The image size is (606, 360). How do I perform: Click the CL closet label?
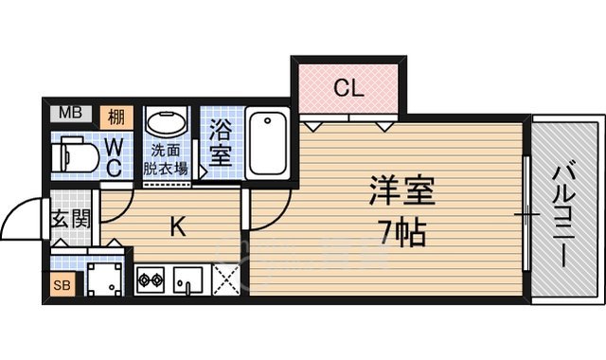(x=348, y=90)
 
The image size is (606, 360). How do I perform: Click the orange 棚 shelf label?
(x=116, y=117)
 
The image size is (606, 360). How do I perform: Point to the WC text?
(x=113, y=157)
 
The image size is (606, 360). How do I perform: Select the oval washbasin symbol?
(x=169, y=124)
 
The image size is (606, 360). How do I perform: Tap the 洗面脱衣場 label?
(x=166, y=158)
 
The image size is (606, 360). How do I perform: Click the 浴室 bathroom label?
(x=219, y=141)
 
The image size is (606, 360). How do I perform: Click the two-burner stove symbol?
(x=151, y=280)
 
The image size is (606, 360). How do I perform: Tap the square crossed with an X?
(x=227, y=281)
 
